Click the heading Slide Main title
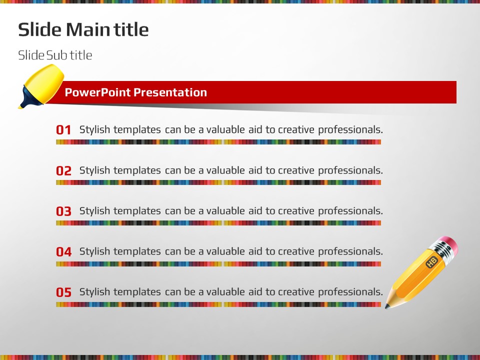pos(83,29)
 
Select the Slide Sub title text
pos(55,55)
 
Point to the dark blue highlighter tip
pos(29,98)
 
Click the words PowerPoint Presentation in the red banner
pos(136,92)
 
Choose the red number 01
pos(63,130)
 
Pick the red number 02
pos(63,170)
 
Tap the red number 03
pos(63,211)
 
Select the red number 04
pos(63,251)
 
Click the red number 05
pos(63,292)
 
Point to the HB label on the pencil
pos(431,262)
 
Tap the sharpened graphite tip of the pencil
pos(387,306)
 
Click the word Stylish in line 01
pos(94,130)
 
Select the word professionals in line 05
pos(350,292)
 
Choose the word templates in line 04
pos(137,251)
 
